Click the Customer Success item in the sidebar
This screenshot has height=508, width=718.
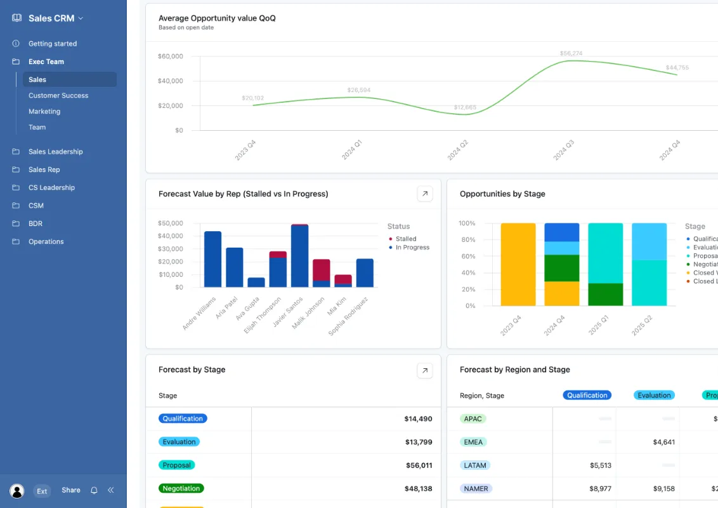(58, 95)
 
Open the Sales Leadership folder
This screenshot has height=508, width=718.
(55, 152)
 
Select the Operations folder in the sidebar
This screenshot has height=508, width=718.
(46, 241)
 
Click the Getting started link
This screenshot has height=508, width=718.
(52, 44)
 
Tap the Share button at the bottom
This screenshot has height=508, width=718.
(71, 490)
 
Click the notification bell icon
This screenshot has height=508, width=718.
(94, 490)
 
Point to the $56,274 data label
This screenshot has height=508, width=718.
(571, 53)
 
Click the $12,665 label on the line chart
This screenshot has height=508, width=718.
(466, 107)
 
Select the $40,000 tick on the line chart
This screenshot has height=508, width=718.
(170, 81)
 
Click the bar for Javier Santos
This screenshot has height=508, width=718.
(299, 256)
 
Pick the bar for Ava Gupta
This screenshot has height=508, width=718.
(256, 282)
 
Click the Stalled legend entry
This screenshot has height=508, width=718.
(406, 239)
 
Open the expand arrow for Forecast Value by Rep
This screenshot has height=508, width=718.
(425, 194)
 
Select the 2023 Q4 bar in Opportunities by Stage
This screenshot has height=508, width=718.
(518, 264)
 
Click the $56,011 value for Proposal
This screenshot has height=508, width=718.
(419, 465)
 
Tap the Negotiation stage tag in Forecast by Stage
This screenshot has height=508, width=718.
(181, 488)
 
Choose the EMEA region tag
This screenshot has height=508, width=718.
(473, 442)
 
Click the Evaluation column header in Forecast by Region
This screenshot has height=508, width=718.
(654, 395)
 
